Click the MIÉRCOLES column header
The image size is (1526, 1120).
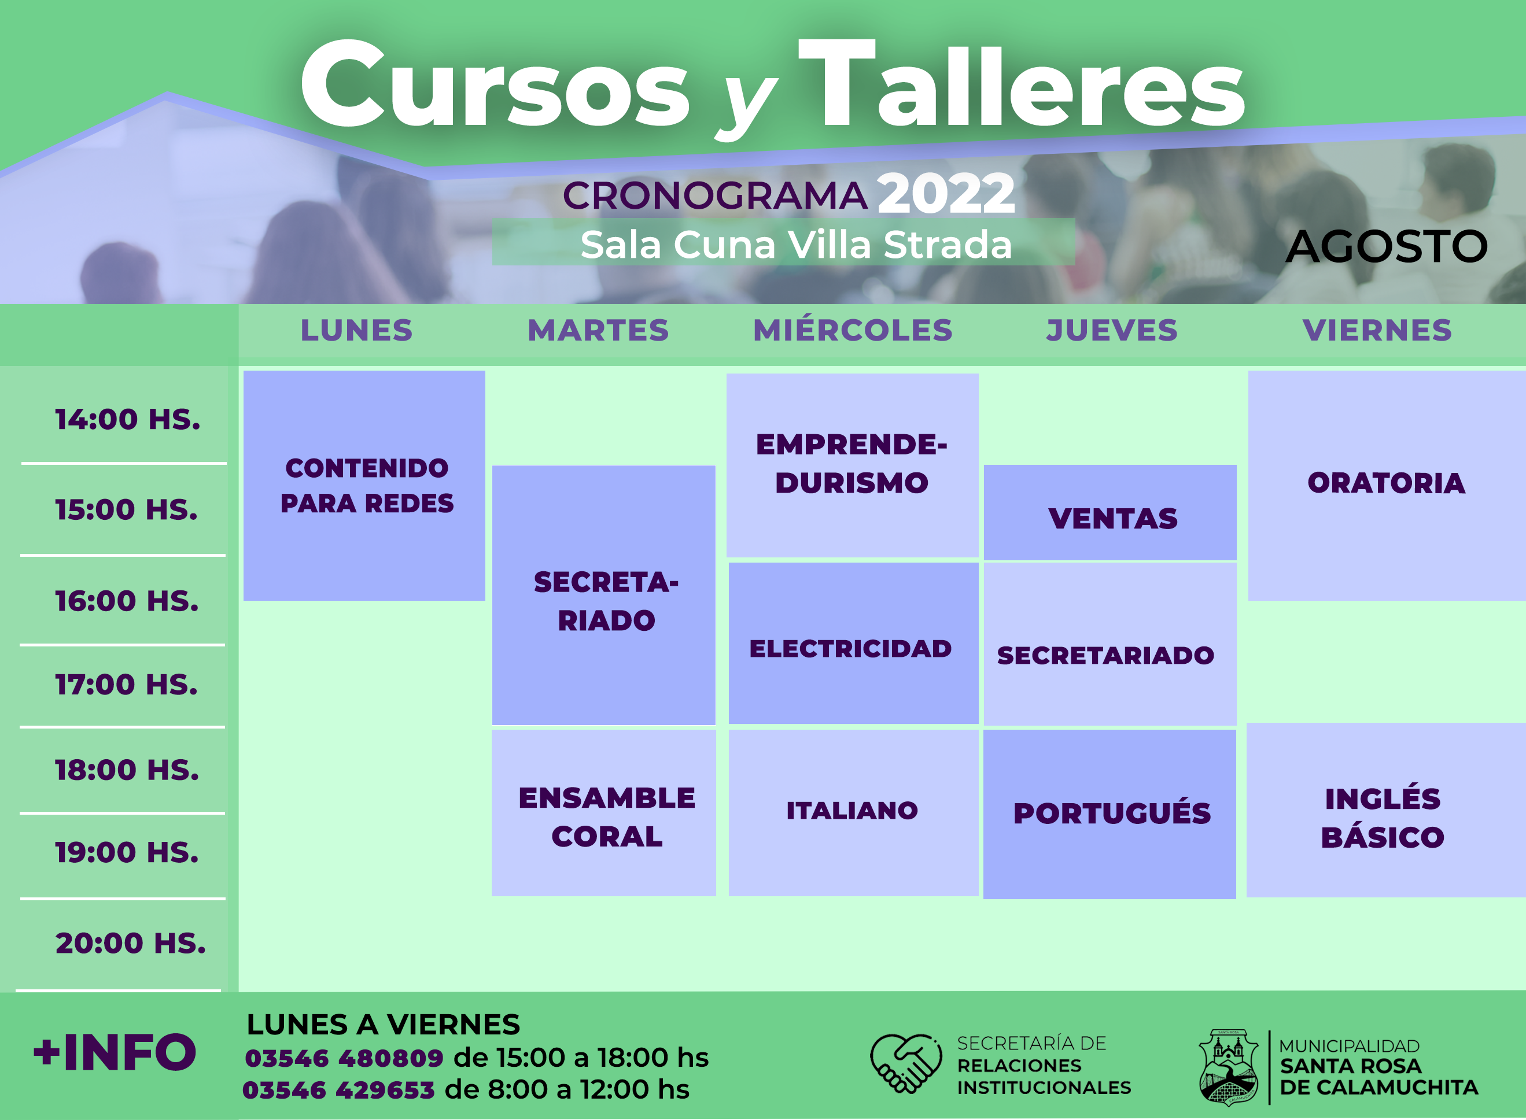pyautogui.click(x=853, y=330)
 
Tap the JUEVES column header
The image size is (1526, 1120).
pyautogui.click(x=1112, y=330)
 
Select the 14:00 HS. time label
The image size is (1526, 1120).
pyautogui.click(x=127, y=419)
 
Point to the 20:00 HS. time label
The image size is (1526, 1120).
pyautogui.click(x=130, y=942)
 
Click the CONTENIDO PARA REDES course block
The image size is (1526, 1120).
pyautogui.click(x=364, y=486)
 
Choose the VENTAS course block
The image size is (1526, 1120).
pyautogui.click(x=1110, y=512)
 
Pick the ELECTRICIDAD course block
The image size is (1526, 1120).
pyautogui.click(x=853, y=644)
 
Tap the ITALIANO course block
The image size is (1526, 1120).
pyautogui.click(x=853, y=813)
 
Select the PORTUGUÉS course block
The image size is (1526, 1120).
pyautogui.click(x=1110, y=814)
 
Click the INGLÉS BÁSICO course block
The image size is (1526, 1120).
pyautogui.click(x=1385, y=810)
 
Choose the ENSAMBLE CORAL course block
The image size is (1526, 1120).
pyautogui.click(x=603, y=813)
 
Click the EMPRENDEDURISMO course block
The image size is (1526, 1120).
pyautogui.click(x=853, y=465)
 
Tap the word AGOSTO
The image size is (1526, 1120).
pyautogui.click(x=1386, y=246)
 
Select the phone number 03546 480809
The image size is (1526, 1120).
pyautogui.click(x=344, y=1058)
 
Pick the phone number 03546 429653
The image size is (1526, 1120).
pyautogui.click(x=338, y=1090)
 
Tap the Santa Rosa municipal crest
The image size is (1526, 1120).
pyautogui.click(x=1228, y=1067)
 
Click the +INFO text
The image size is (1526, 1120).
pyautogui.click(x=115, y=1053)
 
